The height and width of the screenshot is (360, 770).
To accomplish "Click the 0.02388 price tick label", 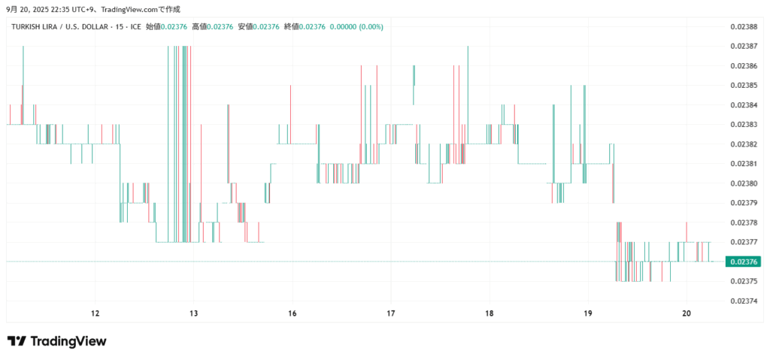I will (x=744, y=26).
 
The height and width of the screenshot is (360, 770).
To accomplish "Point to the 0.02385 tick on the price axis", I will (x=744, y=85).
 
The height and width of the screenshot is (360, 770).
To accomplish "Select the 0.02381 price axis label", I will (x=744, y=164).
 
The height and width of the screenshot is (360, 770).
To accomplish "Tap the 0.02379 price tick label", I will (x=744, y=203).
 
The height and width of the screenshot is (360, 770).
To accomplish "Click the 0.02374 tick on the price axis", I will (x=744, y=301).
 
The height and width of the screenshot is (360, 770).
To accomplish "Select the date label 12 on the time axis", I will (x=95, y=313).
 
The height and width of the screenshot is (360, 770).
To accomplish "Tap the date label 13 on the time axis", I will (x=193, y=313).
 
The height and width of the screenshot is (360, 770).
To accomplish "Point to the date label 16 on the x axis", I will (x=293, y=313).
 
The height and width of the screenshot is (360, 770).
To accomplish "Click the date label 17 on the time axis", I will (x=391, y=313).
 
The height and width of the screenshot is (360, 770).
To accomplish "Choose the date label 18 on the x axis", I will (x=490, y=313).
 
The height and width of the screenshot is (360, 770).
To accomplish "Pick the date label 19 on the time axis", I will (x=588, y=313).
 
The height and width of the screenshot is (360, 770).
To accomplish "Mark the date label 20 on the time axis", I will (x=687, y=313).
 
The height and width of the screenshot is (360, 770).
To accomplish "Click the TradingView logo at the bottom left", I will (x=57, y=341).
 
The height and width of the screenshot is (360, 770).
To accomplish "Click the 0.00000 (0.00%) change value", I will (x=357, y=27).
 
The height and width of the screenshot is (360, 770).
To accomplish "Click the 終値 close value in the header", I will (x=305, y=27).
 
